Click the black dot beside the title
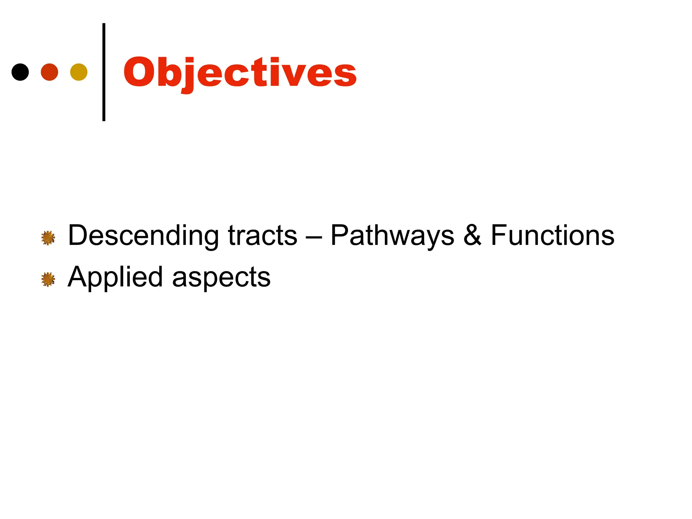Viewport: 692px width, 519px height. pyautogui.click(x=20, y=72)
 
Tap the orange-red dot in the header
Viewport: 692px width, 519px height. pyautogui.click(x=49, y=72)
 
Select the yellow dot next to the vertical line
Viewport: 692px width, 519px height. pyautogui.click(x=79, y=72)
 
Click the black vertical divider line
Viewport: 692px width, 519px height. pyautogui.click(x=104, y=72)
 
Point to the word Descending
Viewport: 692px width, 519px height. pyautogui.click(x=143, y=236)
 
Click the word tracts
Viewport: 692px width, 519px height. pyautogui.click(x=263, y=236)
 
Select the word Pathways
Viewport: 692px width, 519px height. pyautogui.click(x=392, y=236)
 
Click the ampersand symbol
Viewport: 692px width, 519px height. pyautogui.click(x=472, y=236)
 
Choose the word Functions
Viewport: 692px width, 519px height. pyautogui.click(x=552, y=236)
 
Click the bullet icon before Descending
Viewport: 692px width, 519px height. pyautogui.click(x=48, y=238)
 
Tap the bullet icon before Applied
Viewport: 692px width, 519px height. pyautogui.click(x=48, y=279)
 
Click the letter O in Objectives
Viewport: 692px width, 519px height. pyautogui.click(x=139, y=72)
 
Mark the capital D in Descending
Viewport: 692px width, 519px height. pyautogui.click(x=78, y=236)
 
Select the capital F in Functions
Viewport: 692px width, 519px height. pyautogui.click(x=499, y=235)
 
